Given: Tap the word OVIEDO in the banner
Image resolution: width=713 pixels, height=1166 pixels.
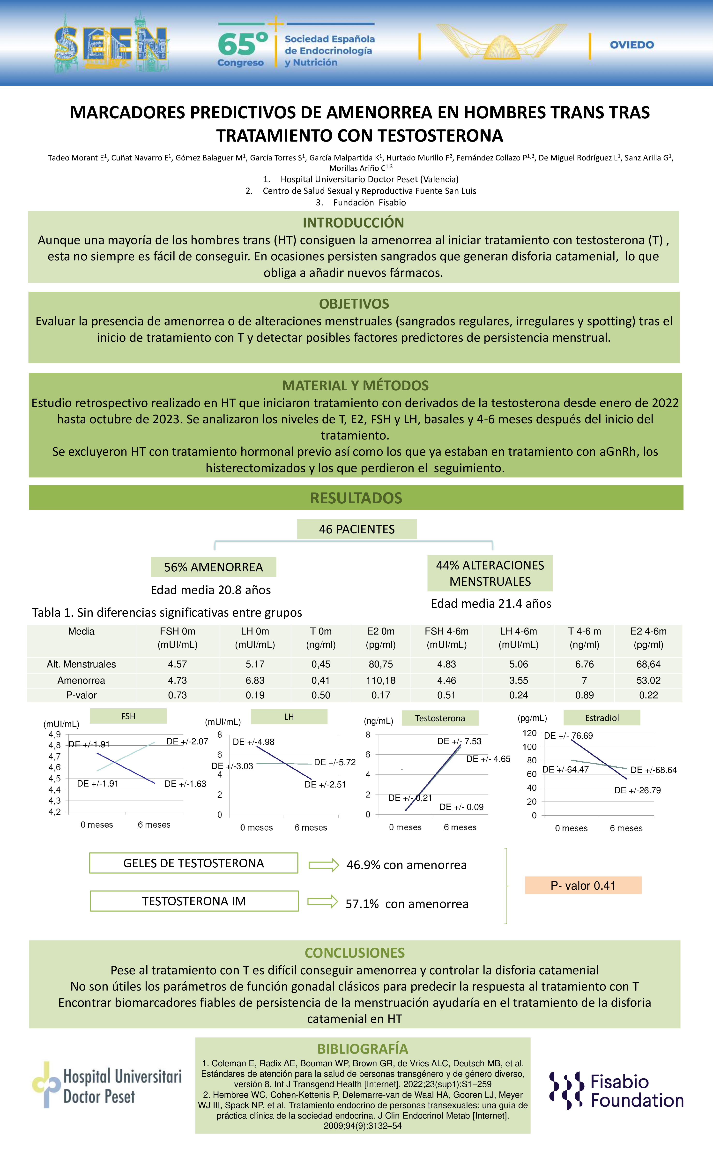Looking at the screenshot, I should [x=632, y=45].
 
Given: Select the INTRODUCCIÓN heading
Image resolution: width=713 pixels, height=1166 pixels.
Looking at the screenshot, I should [x=353, y=222].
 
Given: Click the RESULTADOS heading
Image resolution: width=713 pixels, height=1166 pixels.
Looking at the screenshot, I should [x=356, y=498].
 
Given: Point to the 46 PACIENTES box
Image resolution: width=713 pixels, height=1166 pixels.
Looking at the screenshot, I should [x=356, y=529].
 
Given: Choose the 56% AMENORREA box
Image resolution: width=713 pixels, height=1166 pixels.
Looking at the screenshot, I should [x=213, y=567].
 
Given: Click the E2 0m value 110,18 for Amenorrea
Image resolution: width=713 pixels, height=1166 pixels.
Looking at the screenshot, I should [x=381, y=680].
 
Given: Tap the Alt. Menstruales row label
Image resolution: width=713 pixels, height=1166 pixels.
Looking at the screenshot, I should [x=81, y=664].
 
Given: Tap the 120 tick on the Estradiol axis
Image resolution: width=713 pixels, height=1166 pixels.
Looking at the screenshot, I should [x=529, y=733].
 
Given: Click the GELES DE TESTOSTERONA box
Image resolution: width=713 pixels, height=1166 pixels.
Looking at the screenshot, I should [x=193, y=863].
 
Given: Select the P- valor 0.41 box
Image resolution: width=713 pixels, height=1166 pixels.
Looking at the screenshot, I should [x=583, y=885].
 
